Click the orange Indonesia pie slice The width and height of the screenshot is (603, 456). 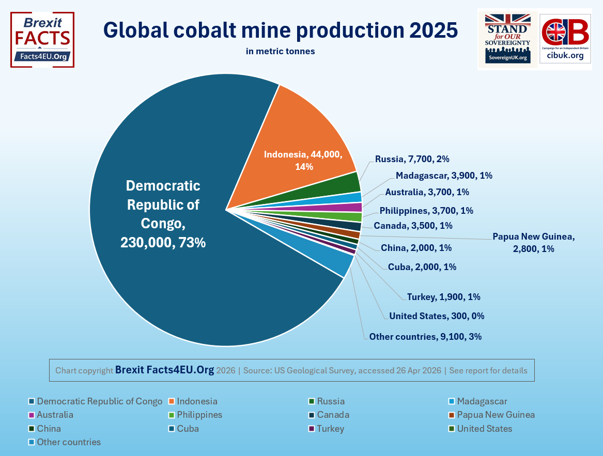click(x=300, y=139)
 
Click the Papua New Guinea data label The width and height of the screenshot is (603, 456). click(x=533, y=242)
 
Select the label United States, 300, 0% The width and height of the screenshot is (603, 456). click(x=437, y=316)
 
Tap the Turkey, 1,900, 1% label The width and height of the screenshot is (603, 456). click(x=443, y=296)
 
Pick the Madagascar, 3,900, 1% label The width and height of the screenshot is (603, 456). click(x=443, y=176)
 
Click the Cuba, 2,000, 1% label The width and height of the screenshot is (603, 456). click(x=422, y=267)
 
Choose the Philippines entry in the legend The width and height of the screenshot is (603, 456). click(x=199, y=415)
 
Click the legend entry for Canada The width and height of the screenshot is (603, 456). click(x=333, y=415)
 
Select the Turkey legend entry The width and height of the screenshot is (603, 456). click(x=330, y=429)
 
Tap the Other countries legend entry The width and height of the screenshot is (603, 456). click(x=69, y=442)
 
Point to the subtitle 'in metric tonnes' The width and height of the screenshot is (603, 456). click(x=280, y=51)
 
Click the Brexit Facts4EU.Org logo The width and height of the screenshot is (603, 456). click(x=42, y=40)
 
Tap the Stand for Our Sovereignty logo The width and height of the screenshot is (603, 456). click(x=507, y=39)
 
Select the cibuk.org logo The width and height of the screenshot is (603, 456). click(x=565, y=39)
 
